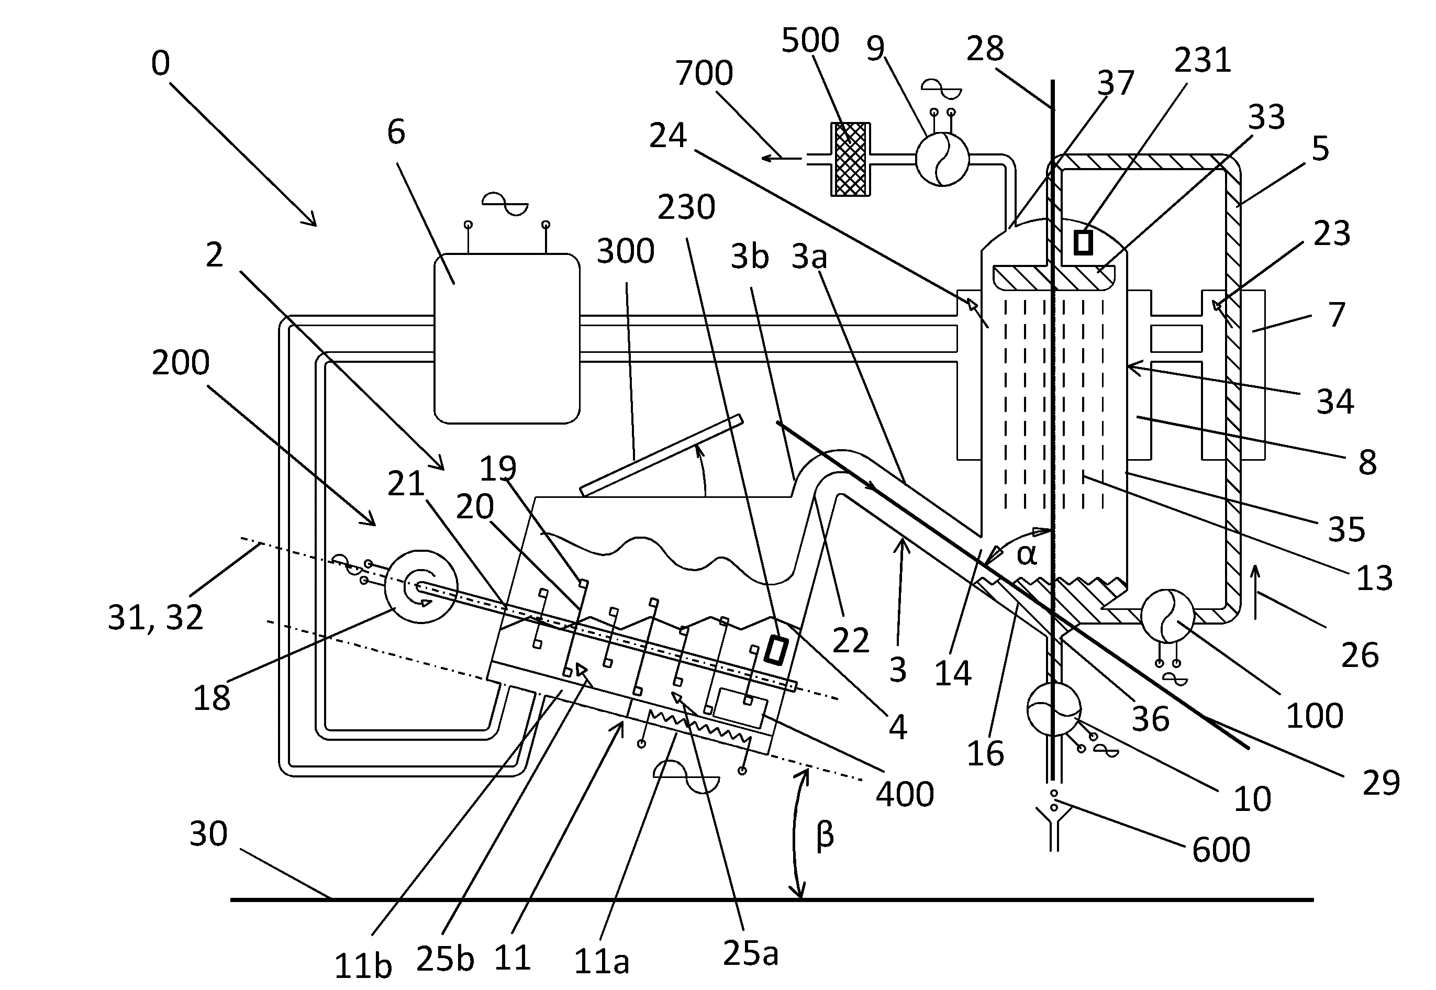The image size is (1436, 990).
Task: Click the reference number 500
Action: [810, 40]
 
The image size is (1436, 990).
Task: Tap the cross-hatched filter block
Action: [850, 159]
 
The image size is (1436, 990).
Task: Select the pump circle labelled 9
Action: [942, 159]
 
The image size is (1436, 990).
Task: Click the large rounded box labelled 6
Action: [507, 338]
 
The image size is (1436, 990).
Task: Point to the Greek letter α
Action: [1027, 554]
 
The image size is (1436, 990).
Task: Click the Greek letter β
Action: [825, 835]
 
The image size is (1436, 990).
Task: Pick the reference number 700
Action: [704, 73]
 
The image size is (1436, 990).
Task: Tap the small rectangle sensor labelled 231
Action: [1083, 242]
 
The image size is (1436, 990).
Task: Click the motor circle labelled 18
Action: [421, 586]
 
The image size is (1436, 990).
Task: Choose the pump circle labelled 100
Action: [1167, 615]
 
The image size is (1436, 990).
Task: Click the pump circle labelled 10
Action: [1054, 708]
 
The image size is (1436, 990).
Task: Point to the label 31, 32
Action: [155, 617]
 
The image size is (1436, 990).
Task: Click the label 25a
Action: [751, 954]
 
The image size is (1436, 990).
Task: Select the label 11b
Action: [363, 965]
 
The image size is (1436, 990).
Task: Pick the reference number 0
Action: [161, 63]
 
